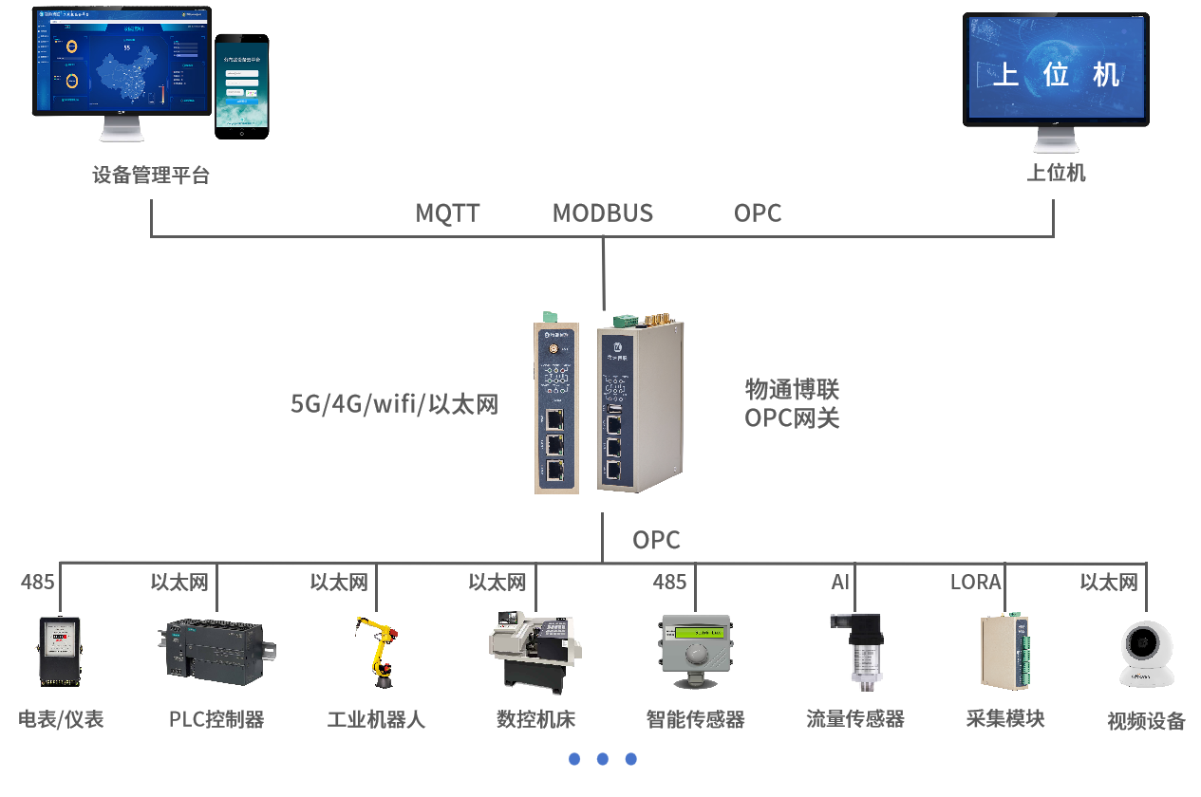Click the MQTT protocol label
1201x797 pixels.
click(448, 213)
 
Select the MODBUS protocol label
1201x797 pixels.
click(603, 213)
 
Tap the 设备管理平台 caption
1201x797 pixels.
click(151, 176)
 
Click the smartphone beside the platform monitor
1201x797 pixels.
click(241, 85)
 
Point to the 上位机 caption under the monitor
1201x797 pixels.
click(1056, 173)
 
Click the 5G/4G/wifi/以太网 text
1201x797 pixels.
click(394, 404)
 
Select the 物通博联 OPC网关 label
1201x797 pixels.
click(792, 404)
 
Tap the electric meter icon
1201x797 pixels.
click(59, 651)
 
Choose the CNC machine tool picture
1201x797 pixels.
click(534, 649)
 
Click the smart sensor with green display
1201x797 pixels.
click(697, 651)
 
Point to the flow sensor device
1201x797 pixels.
click(855, 649)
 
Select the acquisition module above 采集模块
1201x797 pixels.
click(1005, 651)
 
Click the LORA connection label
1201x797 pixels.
click(975, 582)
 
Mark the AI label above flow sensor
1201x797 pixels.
click(840, 582)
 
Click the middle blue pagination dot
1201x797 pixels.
click(602, 759)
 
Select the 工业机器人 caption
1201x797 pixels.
click(376, 719)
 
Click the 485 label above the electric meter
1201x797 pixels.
click(38, 582)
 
